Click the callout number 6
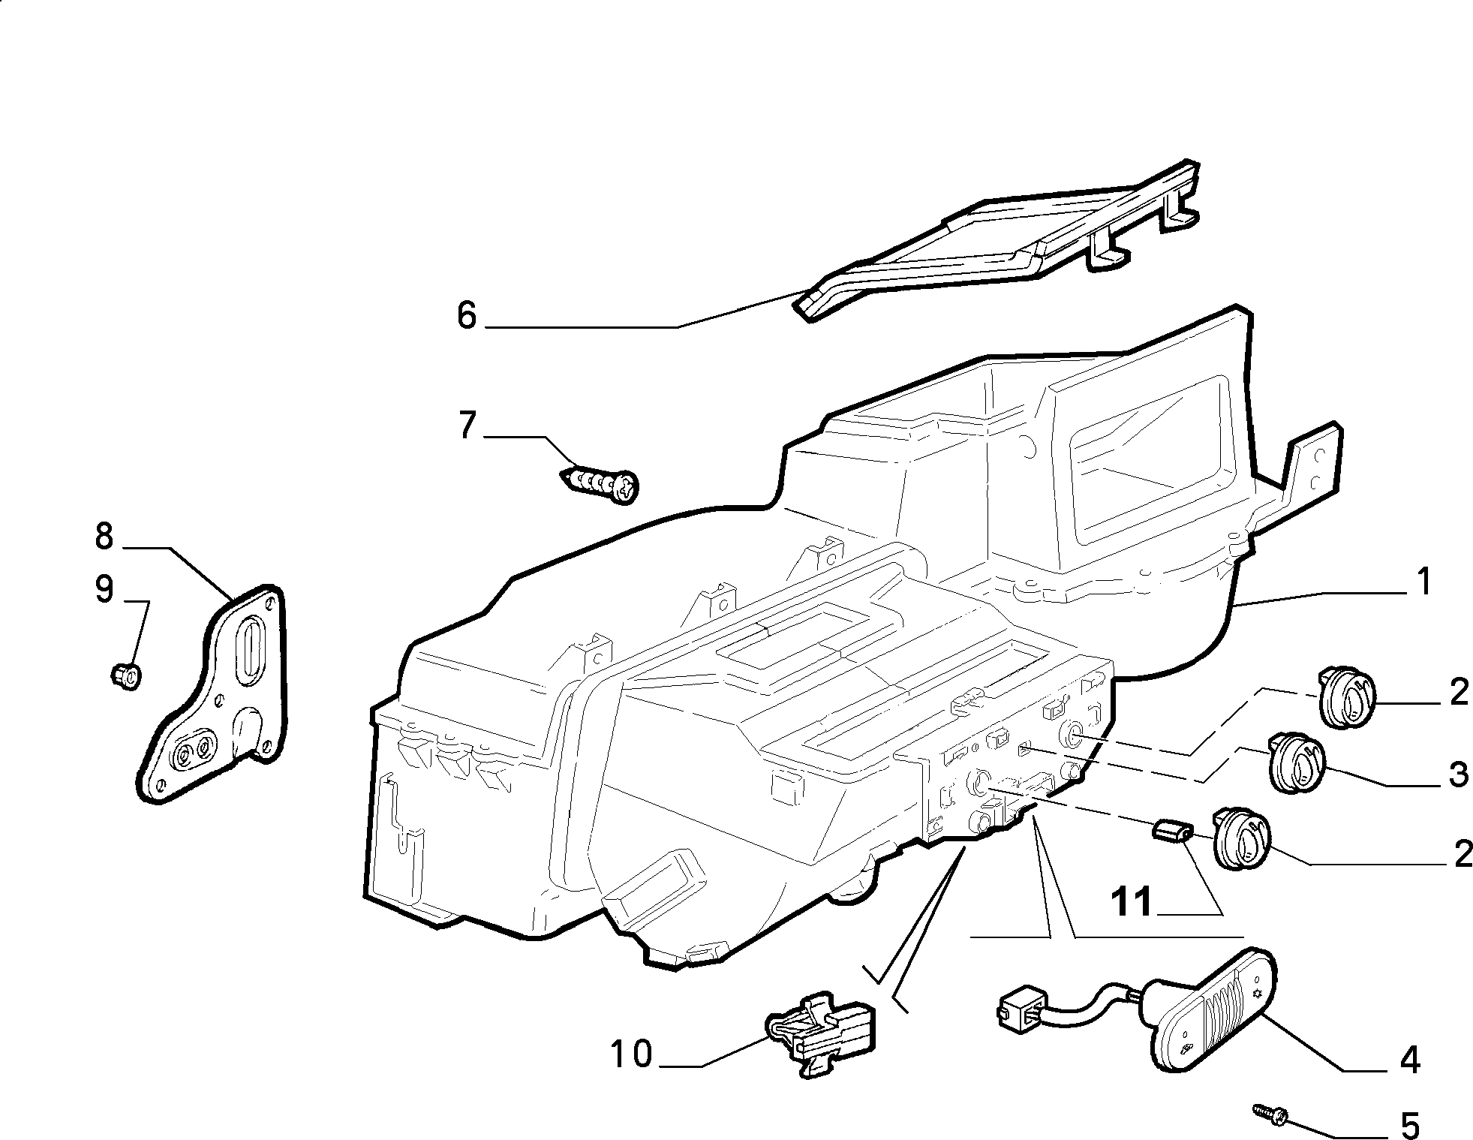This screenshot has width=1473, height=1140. tap(466, 316)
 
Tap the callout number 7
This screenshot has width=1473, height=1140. tap(467, 426)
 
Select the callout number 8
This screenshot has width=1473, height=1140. tap(104, 537)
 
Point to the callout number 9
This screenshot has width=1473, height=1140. tap(104, 590)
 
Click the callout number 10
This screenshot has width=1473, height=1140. tap(631, 1054)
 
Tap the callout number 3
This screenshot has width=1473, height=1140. tap(1457, 774)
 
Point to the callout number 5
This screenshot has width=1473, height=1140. tap(1410, 1125)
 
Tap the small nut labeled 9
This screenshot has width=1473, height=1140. tap(125, 676)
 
